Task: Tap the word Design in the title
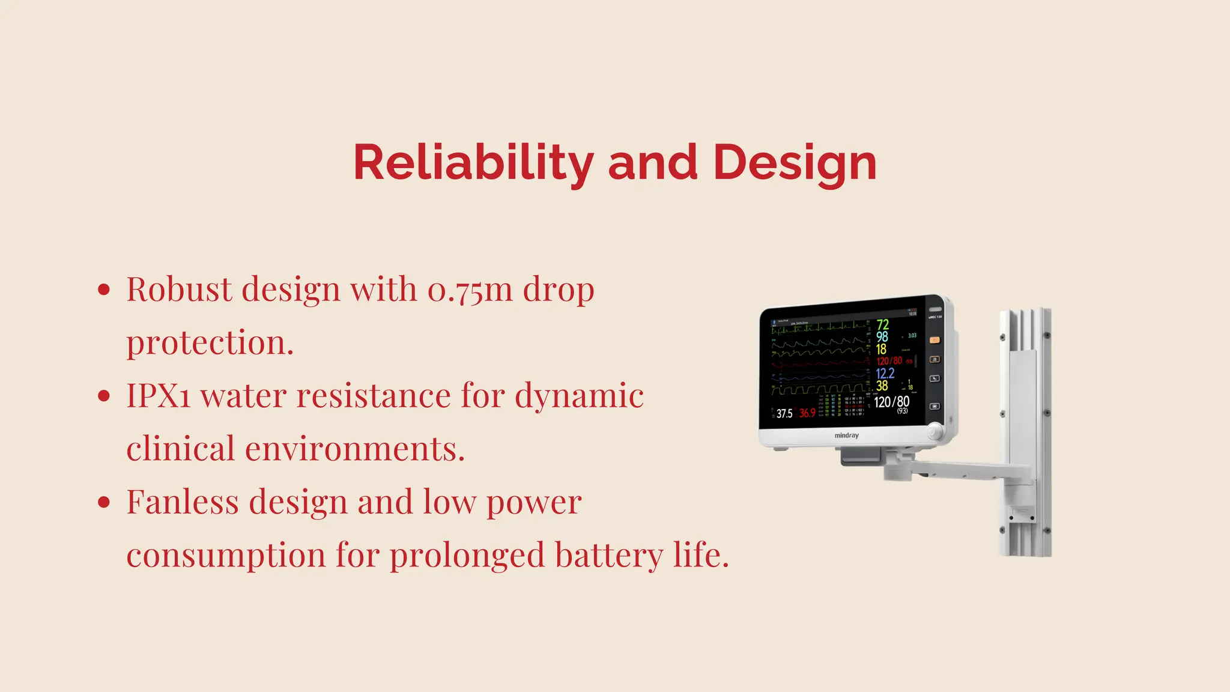(795, 163)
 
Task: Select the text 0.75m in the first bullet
(470, 290)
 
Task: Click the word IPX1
(158, 396)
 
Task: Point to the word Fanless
(183, 502)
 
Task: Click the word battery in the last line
(608, 555)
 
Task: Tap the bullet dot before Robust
(104, 290)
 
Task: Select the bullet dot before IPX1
(104, 396)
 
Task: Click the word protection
(210, 343)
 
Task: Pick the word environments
(295, 449)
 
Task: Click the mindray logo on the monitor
(846, 436)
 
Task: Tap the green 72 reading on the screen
(882, 325)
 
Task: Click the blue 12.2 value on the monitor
(885, 373)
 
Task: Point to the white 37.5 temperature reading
(784, 414)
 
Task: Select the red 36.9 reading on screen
(807, 413)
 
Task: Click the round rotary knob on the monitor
(935, 431)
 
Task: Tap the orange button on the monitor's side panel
(935, 340)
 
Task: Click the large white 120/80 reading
(891, 402)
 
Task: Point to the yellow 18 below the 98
(881, 349)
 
